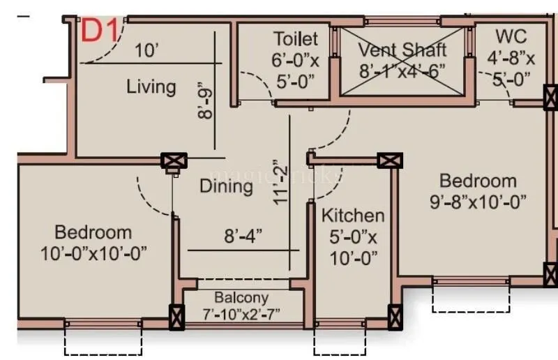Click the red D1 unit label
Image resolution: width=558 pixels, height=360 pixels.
99,31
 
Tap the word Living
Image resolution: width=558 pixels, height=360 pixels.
151,87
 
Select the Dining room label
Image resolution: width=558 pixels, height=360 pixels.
226,186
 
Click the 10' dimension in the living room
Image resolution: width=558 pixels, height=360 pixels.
147,51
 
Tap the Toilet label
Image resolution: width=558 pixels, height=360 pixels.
295,39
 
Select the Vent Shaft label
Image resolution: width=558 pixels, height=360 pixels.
402,51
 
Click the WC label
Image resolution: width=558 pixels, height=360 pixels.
511,36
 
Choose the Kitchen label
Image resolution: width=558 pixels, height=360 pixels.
352,216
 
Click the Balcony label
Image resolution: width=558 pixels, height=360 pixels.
242,297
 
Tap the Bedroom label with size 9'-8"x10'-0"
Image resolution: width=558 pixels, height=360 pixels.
478,181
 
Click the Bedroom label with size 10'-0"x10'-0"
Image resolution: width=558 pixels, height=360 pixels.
93,232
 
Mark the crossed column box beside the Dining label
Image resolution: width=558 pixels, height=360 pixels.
171,162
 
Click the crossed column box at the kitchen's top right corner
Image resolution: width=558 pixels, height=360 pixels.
390,160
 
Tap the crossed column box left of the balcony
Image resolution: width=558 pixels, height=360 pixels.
176,317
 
